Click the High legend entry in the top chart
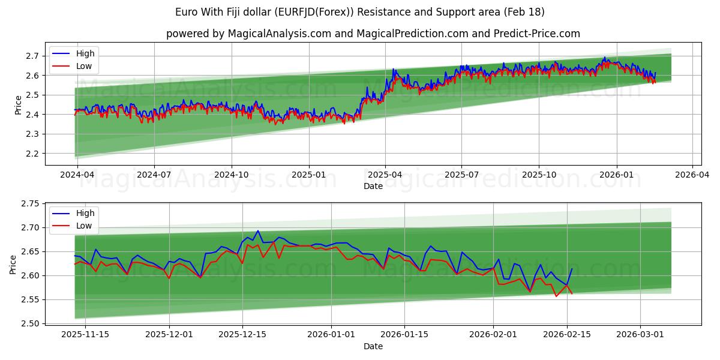(x=85, y=53)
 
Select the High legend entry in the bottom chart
(x=85, y=213)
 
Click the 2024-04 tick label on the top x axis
(x=78, y=175)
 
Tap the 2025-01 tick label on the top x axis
(x=309, y=175)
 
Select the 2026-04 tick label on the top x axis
(x=692, y=175)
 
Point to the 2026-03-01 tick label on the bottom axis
(x=640, y=334)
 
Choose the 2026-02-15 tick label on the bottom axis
(x=566, y=334)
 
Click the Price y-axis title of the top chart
(x=18, y=104)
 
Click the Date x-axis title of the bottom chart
(x=373, y=346)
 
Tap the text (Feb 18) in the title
(x=525, y=12)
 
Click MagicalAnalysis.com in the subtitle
(x=279, y=34)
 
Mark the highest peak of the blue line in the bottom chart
(x=258, y=230)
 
